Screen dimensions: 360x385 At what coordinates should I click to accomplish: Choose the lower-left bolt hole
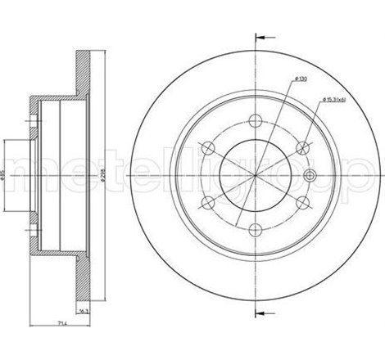click(208, 203)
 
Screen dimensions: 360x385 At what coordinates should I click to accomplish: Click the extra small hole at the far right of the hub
click(310, 175)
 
